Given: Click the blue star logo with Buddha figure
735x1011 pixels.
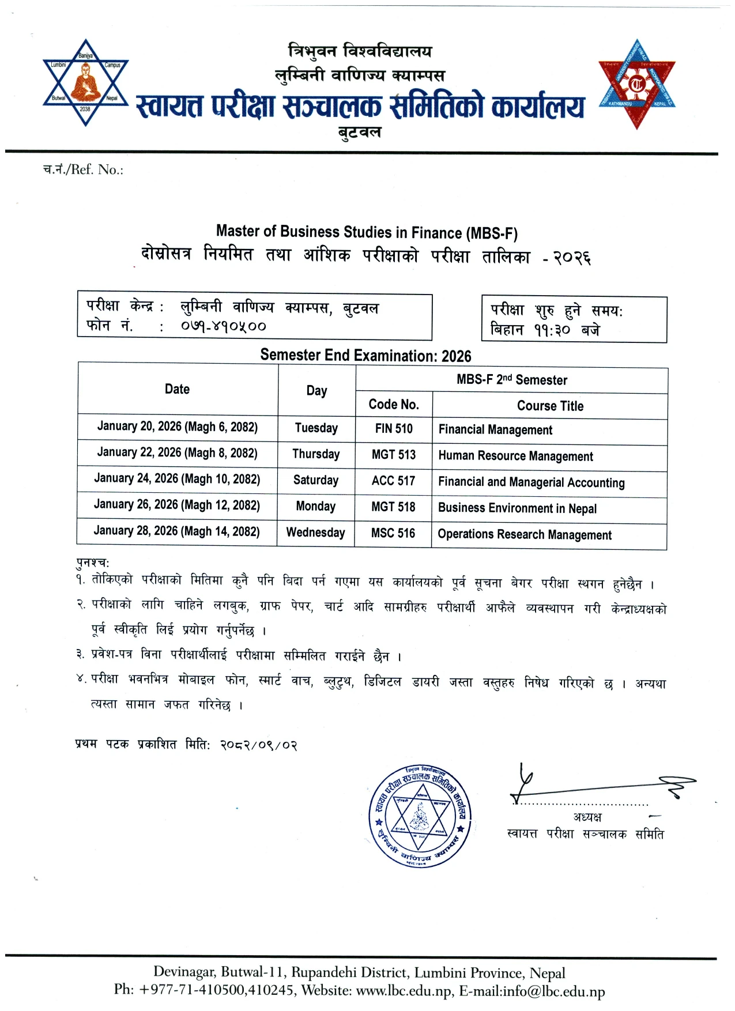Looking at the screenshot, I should [85, 82].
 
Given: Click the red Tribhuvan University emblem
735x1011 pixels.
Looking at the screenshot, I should [636, 84].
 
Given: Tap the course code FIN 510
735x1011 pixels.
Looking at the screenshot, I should [394, 428].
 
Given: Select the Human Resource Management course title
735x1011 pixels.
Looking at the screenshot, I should [515, 456].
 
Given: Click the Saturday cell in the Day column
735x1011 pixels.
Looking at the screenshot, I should [316, 480].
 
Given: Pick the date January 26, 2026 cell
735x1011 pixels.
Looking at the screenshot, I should [177, 505].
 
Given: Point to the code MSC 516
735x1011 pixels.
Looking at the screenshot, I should [393, 533].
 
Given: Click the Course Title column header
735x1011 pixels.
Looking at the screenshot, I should [550, 406].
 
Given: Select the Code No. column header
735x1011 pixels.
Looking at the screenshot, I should [394, 405].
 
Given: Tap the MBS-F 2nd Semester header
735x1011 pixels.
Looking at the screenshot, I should [512, 380].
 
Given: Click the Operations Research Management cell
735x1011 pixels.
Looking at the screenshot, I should [524, 535].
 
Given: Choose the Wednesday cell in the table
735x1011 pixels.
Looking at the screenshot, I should [316, 532].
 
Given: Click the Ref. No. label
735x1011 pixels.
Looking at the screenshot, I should [84, 169].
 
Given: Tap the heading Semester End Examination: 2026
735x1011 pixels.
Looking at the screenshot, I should [365, 356].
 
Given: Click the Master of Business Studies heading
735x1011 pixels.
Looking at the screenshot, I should [367, 232].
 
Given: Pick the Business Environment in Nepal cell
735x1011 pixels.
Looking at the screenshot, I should [517, 508].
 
